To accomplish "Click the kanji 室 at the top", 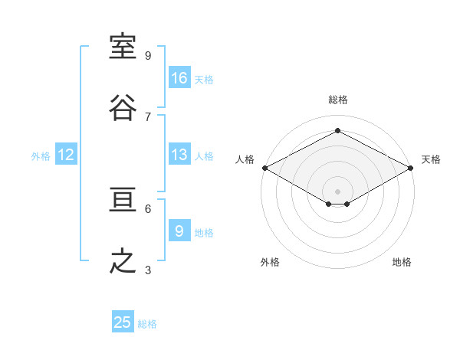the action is (x=123, y=46).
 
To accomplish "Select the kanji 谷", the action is (x=123, y=107).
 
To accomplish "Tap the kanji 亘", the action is (x=123, y=199).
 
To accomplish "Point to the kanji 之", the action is (x=123, y=260).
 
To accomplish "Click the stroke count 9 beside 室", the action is (x=148, y=56).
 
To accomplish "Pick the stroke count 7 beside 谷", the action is (x=148, y=117).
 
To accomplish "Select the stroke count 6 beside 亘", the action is (x=148, y=209).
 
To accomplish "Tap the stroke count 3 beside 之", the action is (x=148, y=270).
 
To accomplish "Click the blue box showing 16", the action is (x=179, y=77).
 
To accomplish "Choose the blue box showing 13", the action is (x=179, y=154).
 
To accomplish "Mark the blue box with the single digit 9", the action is (x=179, y=230).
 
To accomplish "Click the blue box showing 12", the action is (x=66, y=154).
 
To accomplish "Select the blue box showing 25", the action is (x=123, y=321).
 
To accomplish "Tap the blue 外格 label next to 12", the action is (x=41, y=156).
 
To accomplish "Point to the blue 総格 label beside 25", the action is (x=147, y=324).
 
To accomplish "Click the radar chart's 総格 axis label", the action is (x=337, y=100).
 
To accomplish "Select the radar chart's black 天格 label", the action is (x=431, y=159).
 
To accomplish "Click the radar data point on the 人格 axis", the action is (x=265, y=168).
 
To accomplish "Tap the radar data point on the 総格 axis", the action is (x=337, y=130).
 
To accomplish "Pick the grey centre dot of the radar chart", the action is (x=337, y=191).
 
